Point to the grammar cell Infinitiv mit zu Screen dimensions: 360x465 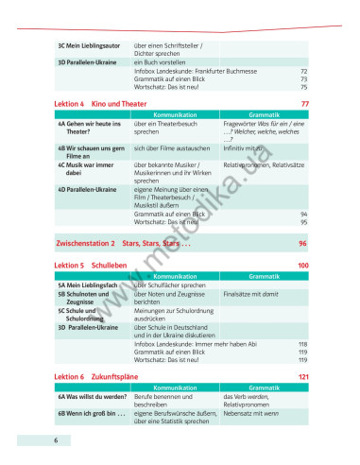click(x=246, y=148)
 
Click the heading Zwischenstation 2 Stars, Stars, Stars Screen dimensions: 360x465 click(x=124, y=243)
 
